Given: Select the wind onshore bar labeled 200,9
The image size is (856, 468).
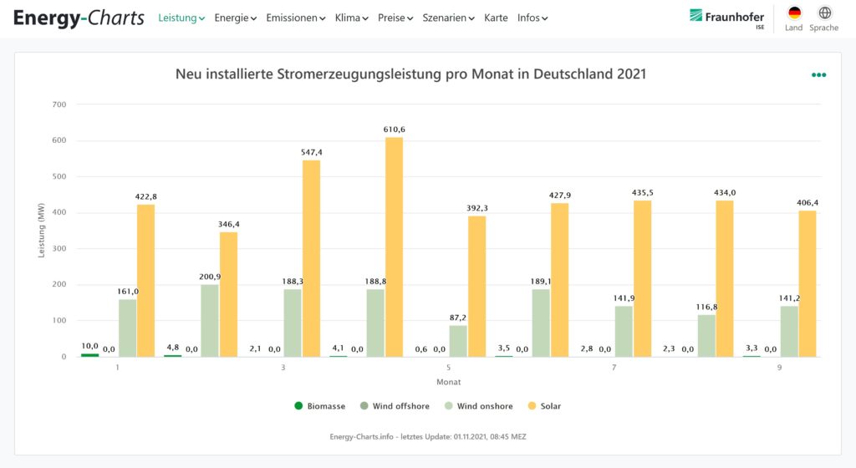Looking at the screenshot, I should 209,320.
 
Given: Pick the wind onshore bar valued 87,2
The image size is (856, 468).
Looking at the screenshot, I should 457,341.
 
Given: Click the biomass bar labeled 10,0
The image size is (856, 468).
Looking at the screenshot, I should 89,355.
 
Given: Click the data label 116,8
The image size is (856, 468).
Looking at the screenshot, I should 707,308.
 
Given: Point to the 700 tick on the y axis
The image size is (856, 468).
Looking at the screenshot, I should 59,104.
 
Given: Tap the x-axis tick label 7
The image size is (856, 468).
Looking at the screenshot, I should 614,368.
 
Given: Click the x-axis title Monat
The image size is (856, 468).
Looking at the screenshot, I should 448,382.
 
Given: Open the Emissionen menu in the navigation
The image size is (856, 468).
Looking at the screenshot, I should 295,18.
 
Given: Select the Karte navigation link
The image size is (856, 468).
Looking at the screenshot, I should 496,18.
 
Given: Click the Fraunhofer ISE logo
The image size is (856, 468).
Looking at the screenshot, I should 726,18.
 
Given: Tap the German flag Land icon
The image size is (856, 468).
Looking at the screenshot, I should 794,13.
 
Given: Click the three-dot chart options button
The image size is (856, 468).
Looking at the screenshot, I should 818,75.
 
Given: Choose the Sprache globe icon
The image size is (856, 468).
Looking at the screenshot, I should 824,13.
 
